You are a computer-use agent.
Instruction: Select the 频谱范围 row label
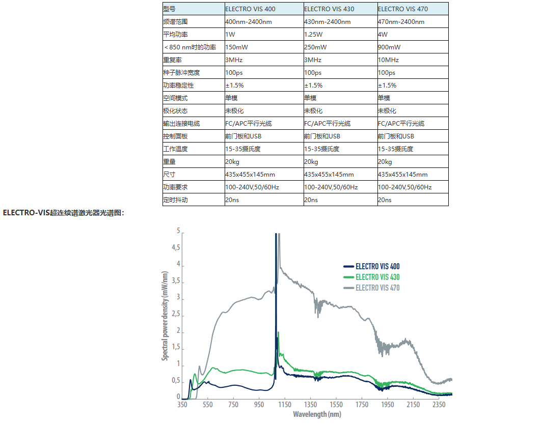176,22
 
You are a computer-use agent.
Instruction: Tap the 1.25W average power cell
313,35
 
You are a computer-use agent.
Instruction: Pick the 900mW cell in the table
389,47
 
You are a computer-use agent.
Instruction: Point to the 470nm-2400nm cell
401,22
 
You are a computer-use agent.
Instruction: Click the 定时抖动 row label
176,200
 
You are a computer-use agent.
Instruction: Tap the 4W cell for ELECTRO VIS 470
383,35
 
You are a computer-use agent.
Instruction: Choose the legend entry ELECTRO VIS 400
377,266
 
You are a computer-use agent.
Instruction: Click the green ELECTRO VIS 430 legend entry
377,277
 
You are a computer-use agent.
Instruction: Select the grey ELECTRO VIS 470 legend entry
377,288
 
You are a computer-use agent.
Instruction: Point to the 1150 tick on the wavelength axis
285,405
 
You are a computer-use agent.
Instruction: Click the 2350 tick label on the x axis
439,405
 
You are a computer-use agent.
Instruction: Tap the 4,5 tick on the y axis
175,248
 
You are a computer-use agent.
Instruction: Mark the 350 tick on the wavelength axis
182,405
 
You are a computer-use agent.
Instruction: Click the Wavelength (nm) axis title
317,414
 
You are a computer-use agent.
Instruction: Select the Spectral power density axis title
165,315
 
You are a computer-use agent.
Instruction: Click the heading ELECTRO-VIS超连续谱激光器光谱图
63,213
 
